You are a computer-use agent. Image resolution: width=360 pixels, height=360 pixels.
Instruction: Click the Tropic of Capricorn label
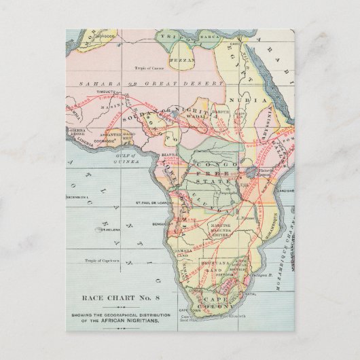(101, 259)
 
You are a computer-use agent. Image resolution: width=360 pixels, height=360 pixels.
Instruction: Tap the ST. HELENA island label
(110, 229)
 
